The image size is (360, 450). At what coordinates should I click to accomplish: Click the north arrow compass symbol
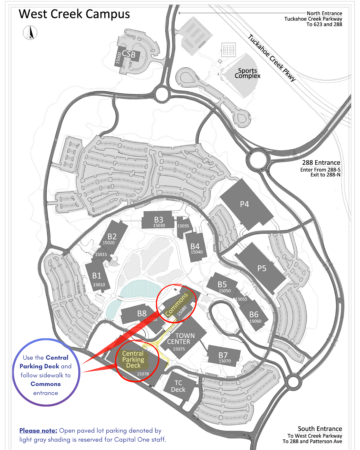click(x=30, y=33)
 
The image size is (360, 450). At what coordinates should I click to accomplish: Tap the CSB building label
click(x=129, y=54)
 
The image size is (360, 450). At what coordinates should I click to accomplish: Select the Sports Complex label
click(x=247, y=73)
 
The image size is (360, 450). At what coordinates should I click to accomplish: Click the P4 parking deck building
click(x=245, y=204)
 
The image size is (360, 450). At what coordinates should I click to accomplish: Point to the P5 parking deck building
click(x=262, y=268)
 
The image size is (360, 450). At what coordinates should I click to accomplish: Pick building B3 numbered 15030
click(x=159, y=221)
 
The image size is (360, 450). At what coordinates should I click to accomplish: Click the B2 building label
click(x=112, y=237)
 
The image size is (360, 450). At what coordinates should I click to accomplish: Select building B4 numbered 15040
click(x=196, y=248)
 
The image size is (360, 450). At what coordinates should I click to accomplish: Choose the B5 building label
click(x=222, y=284)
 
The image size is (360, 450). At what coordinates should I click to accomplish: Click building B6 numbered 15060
click(x=255, y=317)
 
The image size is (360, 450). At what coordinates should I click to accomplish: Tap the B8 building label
click(x=142, y=313)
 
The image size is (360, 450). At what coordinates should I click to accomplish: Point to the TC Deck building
click(x=178, y=386)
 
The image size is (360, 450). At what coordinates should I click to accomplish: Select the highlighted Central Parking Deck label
click(x=133, y=359)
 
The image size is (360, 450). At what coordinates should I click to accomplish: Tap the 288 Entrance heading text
click(x=321, y=163)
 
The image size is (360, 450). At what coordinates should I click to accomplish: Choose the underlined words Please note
click(x=38, y=430)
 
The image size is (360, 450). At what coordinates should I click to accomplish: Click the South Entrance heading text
click(x=320, y=429)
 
